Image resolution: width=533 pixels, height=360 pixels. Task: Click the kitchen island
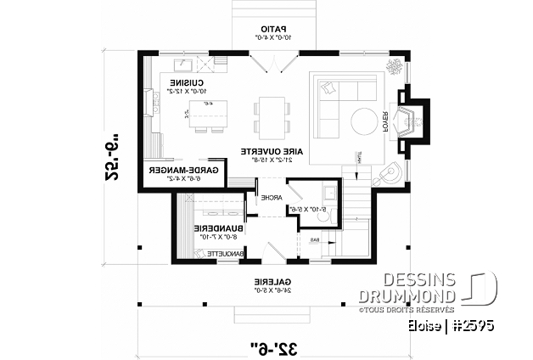[x=200, y=111]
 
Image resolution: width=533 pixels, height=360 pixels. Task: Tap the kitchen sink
[x=184, y=64]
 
